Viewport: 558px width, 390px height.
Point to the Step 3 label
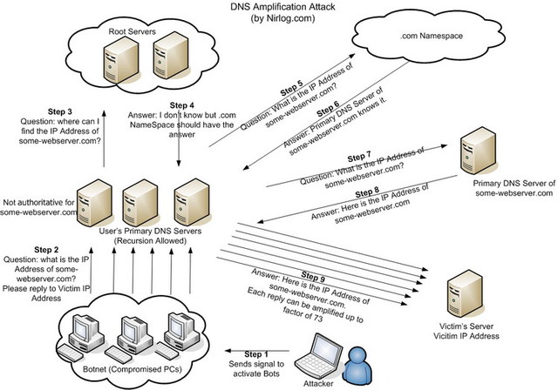pyautogui.click(x=60, y=113)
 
